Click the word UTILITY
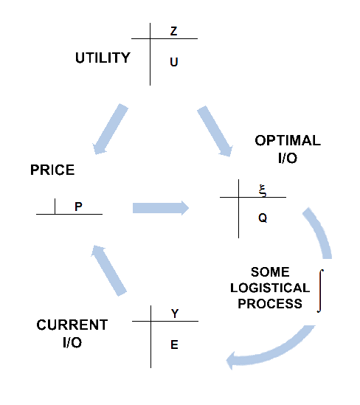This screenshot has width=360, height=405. (x=103, y=58)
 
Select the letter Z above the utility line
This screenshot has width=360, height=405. (x=174, y=31)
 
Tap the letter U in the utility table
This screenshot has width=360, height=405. (x=174, y=62)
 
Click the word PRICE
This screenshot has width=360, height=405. (x=52, y=170)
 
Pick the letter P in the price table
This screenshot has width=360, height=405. (x=78, y=207)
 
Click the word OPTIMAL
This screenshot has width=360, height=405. (x=288, y=140)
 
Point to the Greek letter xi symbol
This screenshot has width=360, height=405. (x=263, y=191)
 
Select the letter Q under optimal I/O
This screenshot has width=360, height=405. (x=263, y=218)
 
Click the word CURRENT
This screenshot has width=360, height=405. (x=72, y=325)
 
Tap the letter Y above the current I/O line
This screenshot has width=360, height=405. (x=175, y=314)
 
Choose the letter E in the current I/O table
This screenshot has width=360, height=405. (x=174, y=345)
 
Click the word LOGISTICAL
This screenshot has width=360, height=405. (x=270, y=288)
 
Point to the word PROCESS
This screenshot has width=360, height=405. (x=270, y=303)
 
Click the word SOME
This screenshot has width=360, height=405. (x=270, y=272)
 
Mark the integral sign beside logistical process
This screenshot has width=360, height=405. (x=320, y=291)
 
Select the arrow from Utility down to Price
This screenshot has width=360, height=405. (x=110, y=129)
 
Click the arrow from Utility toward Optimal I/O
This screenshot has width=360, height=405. (x=215, y=131)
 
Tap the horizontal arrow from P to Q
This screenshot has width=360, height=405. (x=161, y=208)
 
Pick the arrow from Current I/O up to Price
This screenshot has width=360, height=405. (x=108, y=271)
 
